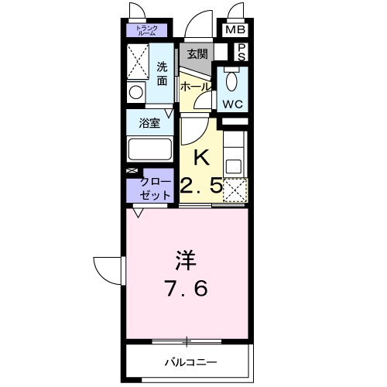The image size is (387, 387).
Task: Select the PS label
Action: tap(241, 52)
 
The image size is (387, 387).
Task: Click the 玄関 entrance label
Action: tap(197, 53)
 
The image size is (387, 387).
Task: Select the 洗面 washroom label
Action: tap(161, 72)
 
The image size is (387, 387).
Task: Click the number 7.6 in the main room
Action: tap(185, 289)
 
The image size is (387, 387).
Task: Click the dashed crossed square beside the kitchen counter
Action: tap(235, 189)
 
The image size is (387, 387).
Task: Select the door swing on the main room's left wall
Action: tap(108, 270)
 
